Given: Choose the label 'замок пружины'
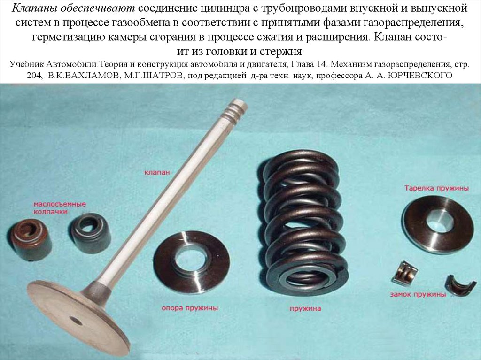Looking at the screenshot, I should [417, 295].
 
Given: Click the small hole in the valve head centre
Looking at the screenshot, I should [75, 321].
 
